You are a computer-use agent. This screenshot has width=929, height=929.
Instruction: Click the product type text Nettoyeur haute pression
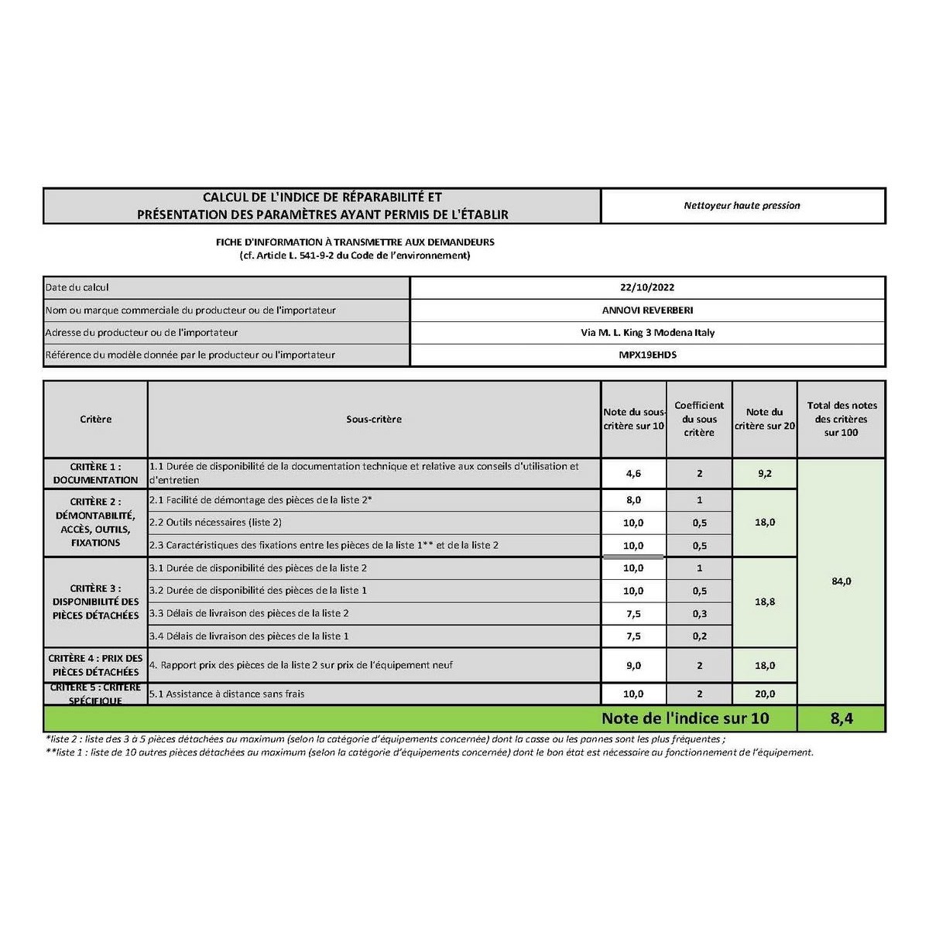(x=742, y=206)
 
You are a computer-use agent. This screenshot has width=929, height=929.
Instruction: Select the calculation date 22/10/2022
(x=647, y=287)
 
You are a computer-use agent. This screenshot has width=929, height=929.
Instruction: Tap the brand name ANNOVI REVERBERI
(x=647, y=310)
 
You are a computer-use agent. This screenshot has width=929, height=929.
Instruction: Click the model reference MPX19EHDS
(x=647, y=355)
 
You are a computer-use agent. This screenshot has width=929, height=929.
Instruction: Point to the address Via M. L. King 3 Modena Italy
(x=647, y=333)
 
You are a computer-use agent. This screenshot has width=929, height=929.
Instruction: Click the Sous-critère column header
(x=374, y=420)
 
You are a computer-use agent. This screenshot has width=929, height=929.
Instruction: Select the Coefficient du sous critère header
(x=699, y=419)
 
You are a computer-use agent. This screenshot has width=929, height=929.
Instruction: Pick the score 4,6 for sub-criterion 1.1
(x=633, y=474)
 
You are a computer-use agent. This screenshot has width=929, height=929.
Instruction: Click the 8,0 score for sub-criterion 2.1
(x=633, y=500)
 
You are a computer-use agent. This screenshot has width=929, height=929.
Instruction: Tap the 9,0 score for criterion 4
(x=633, y=666)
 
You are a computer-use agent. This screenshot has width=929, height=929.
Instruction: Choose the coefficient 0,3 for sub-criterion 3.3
(x=699, y=614)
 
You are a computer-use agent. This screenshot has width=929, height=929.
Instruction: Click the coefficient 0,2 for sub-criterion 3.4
(x=699, y=636)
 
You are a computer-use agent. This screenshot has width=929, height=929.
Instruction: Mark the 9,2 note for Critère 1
(x=765, y=474)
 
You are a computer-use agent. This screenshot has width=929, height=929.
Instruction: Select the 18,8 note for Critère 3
(x=765, y=602)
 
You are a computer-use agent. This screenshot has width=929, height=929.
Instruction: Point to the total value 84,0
(x=842, y=581)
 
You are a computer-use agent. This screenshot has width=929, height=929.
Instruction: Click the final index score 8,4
(x=842, y=718)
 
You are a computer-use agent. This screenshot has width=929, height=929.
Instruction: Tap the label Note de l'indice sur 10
(x=685, y=718)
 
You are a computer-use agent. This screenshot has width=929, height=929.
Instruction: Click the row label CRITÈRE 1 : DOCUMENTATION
(x=95, y=474)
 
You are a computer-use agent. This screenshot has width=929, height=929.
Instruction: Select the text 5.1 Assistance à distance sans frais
(x=227, y=694)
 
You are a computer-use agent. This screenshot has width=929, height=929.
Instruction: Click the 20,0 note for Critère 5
(x=765, y=694)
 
